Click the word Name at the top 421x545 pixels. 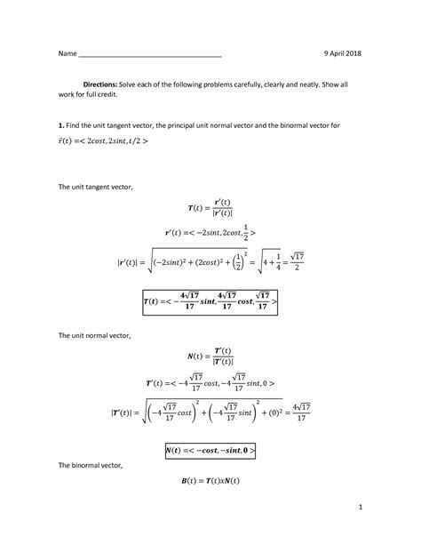point(68,54)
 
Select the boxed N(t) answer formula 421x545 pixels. point(210,451)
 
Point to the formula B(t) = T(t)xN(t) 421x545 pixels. point(210,481)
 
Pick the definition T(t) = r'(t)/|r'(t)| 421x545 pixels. point(210,209)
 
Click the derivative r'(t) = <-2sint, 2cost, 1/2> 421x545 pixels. point(210,234)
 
